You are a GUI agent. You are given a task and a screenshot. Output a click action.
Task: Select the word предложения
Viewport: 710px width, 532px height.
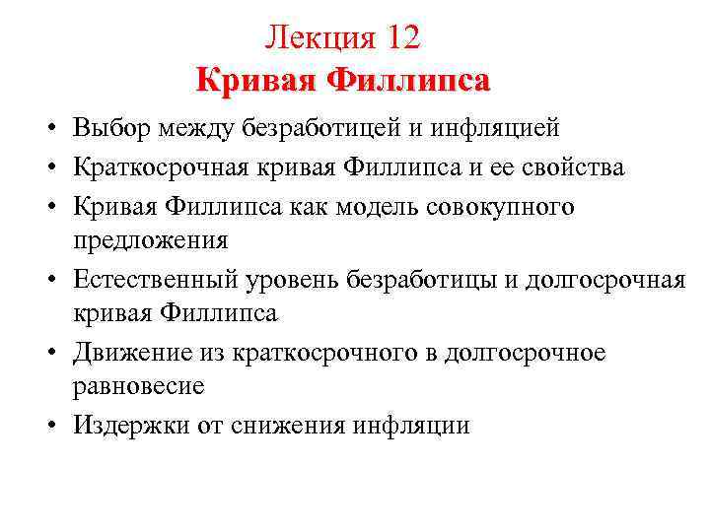150,239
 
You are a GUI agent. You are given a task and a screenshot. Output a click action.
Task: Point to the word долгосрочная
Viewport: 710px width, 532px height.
604,280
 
